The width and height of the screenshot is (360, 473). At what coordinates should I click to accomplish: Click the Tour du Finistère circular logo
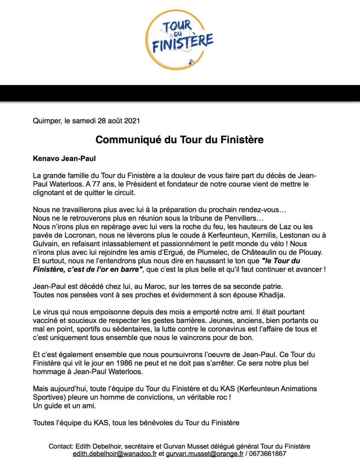click(180, 40)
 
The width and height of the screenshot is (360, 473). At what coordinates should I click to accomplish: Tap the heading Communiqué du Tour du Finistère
click(180, 139)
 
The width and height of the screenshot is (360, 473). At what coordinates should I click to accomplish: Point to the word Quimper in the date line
click(48, 121)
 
